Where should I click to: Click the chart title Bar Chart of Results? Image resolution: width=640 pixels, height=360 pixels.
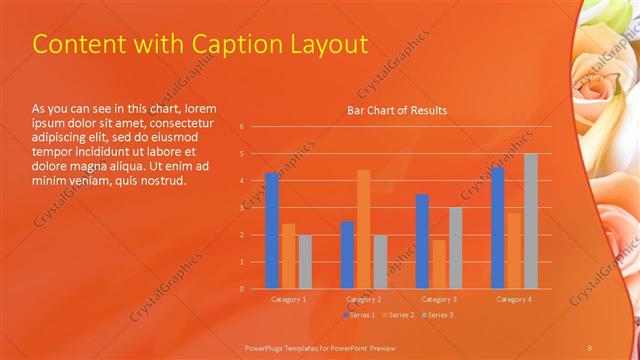point(396,110)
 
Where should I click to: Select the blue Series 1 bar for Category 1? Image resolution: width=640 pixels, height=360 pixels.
point(272,230)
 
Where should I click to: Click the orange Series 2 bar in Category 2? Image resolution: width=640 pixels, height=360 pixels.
point(363,229)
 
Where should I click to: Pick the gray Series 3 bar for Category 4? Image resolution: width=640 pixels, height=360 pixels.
point(530,221)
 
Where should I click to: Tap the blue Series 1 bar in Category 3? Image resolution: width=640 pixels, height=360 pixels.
point(422,241)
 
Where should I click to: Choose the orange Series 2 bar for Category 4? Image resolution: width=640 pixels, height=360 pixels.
point(514,250)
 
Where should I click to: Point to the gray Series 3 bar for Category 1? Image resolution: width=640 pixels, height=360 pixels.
point(305,261)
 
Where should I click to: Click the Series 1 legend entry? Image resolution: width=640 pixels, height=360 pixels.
point(361,315)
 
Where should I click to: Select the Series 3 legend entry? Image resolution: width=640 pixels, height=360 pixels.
point(437,315)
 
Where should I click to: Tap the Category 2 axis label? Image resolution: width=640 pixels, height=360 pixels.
point(363,299)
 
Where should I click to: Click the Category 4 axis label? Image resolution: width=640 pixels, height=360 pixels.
point(514,299)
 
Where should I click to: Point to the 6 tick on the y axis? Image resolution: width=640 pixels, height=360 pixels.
point(241,127)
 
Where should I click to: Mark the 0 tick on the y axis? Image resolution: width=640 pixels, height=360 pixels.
point(241,289)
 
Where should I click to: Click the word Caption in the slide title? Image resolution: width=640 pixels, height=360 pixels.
point(238,45)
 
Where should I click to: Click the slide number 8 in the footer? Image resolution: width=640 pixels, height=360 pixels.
point(590,346)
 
